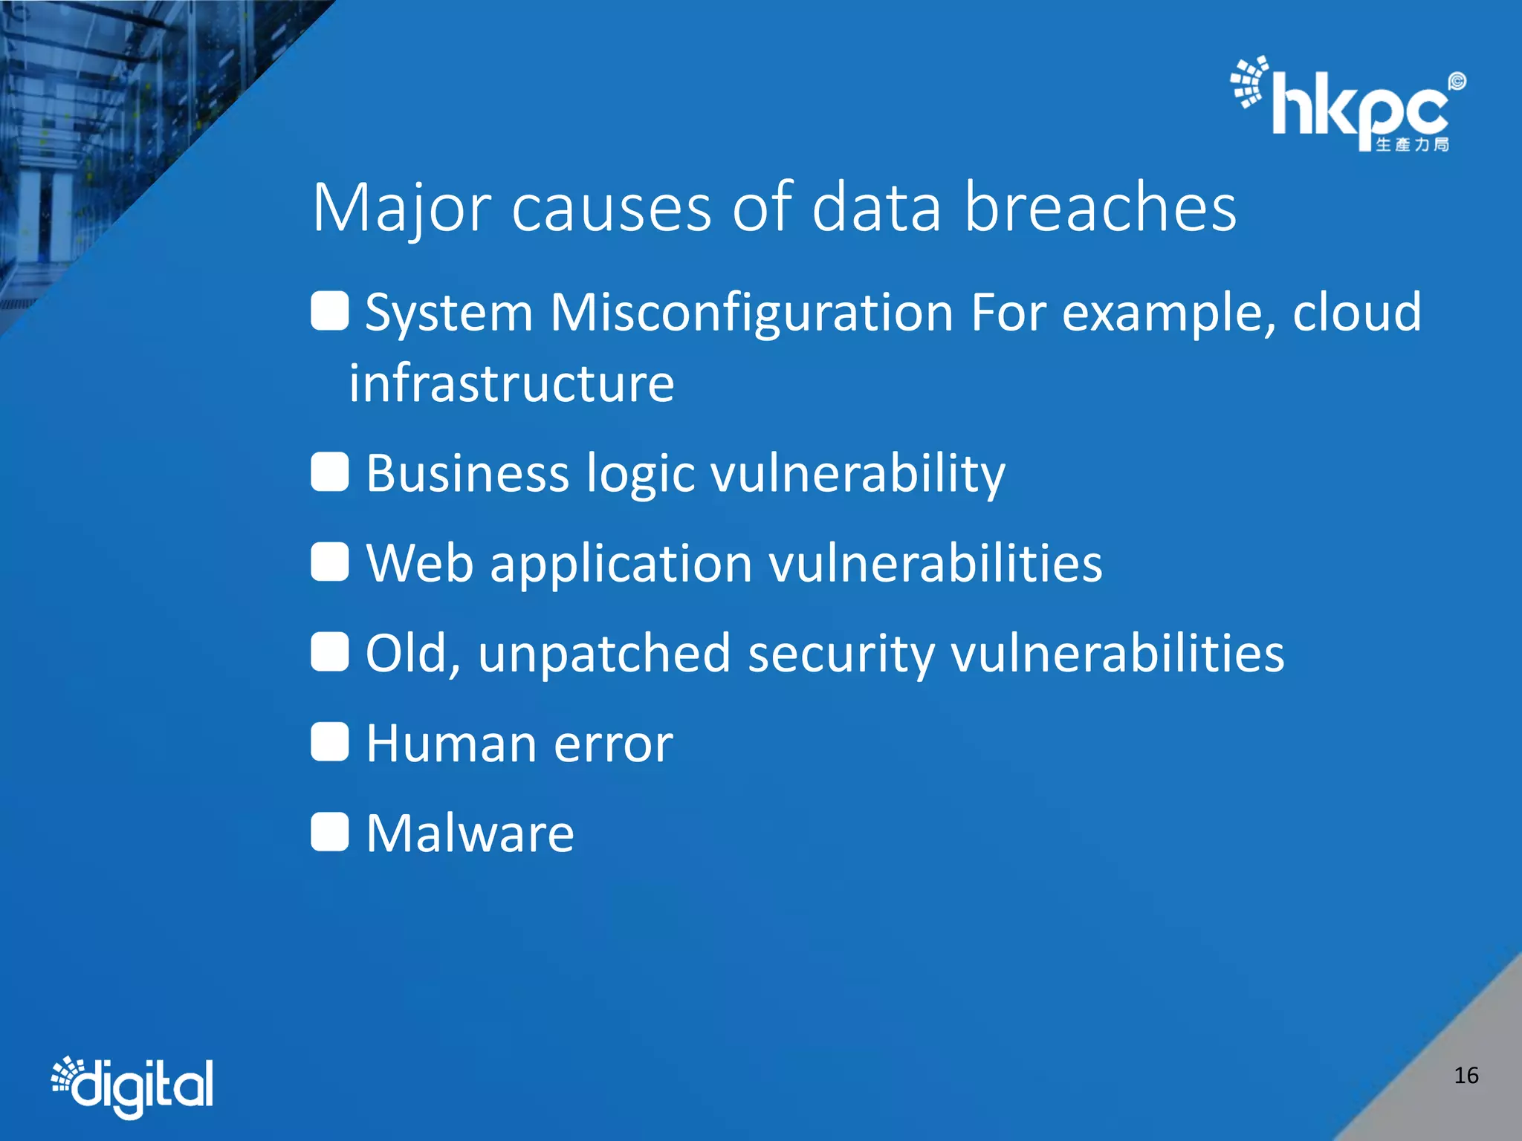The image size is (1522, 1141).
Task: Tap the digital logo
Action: tap(132, 1085)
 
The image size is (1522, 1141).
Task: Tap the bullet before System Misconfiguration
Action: tap(329, 311)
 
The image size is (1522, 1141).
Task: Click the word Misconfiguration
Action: tap(751, 313)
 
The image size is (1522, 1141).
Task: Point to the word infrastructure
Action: tap(511, 384)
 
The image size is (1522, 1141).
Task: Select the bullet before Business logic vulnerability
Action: tap(329, 472)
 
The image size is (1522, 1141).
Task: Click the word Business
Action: tap(467, 473)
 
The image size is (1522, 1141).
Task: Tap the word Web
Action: tap(420, 563)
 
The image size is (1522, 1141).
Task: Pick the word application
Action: tap(621, 565)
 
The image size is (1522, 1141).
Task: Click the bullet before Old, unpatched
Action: tap(329, 652)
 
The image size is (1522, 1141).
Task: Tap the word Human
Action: tap(451, 744)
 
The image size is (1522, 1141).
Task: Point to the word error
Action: tap(613, 745)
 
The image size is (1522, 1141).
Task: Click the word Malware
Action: tap(470, 833)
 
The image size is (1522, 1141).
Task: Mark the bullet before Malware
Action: tap(329, 832)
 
